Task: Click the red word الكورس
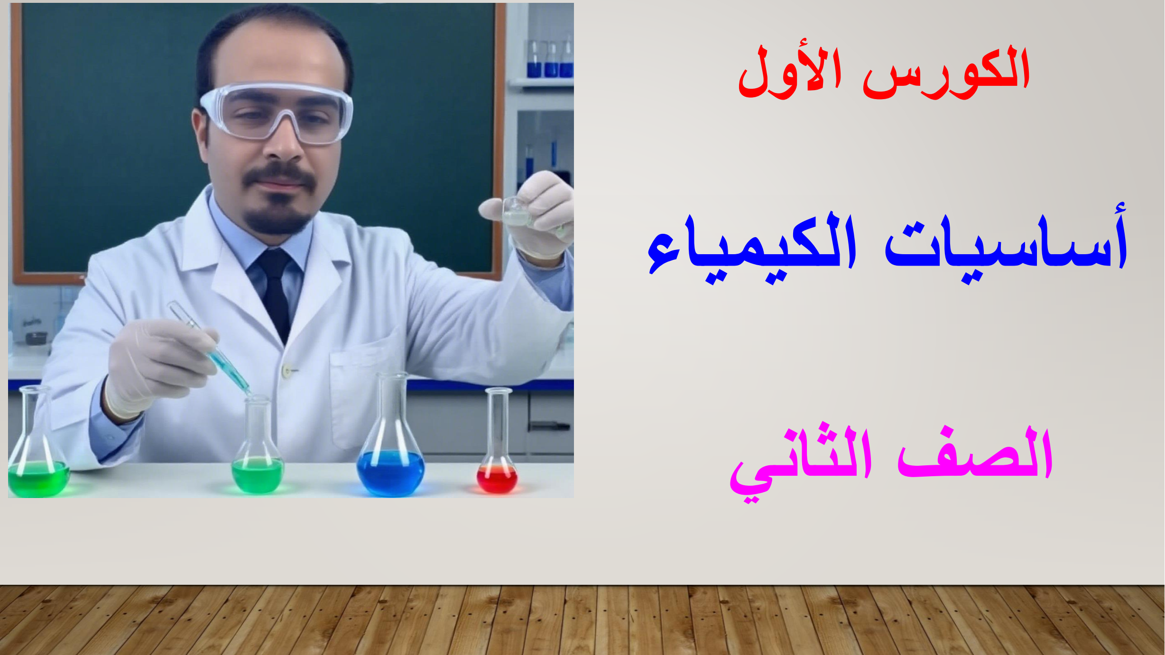947,74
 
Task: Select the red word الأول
790,74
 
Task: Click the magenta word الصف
975,453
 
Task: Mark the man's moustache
279,176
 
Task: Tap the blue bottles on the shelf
550,59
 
